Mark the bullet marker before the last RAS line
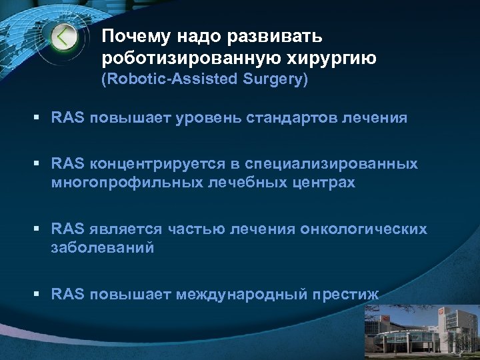coord(41,294)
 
